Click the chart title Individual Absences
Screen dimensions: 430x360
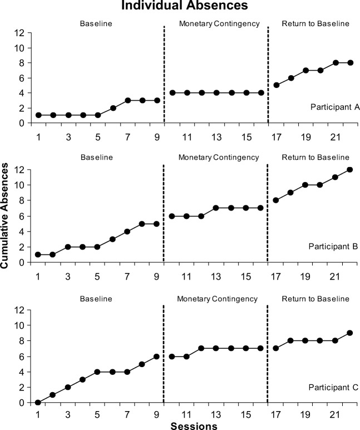click(180, 7)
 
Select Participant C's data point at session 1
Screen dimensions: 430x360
click(38, 402)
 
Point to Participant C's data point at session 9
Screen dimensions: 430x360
click(157, 356)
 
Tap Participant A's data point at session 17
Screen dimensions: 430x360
click(276, 85)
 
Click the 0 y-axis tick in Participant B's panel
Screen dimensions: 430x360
click(21, 262)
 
